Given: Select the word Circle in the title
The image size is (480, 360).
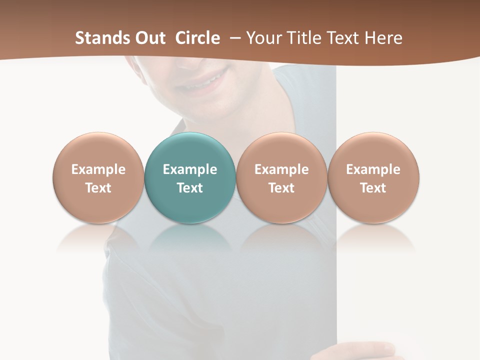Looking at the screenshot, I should (197, 38).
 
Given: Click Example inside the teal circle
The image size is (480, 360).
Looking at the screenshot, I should (190, 169).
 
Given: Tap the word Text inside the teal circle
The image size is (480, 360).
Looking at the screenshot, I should (190, 188).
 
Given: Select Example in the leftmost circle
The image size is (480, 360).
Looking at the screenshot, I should (98, 169).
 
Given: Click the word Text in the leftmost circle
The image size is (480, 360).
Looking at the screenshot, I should (98, 188).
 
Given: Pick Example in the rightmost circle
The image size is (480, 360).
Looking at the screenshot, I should (373, 169).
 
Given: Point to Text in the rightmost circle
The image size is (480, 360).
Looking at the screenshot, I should (373, 188).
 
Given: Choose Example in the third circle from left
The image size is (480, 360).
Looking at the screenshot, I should (281, 169).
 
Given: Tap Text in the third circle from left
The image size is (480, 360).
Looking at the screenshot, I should (281, 188).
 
